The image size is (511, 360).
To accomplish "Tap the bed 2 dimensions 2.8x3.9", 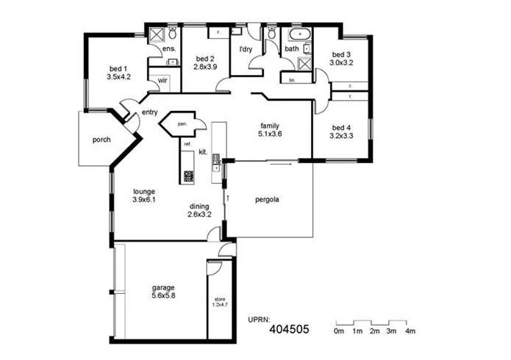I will (x=205, y=67).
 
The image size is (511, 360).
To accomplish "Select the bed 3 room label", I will (x=342, y=54).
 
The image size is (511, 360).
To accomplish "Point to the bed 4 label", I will (x=340, y=126).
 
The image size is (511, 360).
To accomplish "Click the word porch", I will (x=101, y=140).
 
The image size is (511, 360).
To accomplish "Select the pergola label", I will (x=267, y=199).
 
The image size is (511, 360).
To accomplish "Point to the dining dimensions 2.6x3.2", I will (x=199, y=215).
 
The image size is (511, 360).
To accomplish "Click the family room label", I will (x=270, y=125).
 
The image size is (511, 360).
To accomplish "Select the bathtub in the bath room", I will (x=301, y=35).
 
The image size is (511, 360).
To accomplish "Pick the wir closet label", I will (x=162, y=81).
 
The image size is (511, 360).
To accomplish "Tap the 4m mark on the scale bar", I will (x=410, y=331).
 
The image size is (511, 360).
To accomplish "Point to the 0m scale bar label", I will (x=339, y=331).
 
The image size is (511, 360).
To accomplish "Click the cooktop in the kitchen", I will (x=187, y=176).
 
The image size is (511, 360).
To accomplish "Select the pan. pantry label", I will (x=180, y=125).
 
